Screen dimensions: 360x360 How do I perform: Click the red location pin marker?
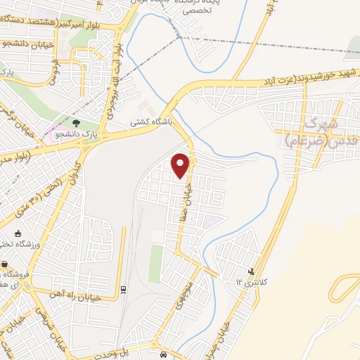(x=181, y=165)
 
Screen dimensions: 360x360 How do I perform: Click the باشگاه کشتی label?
(x=151, y=122)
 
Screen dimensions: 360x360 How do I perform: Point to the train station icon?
(x=123, y=288)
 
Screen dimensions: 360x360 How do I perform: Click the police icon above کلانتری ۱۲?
(x=251, y=271)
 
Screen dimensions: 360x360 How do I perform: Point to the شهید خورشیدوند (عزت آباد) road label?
(x=307, y=79)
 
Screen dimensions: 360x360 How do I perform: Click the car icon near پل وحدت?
(x=163, y=354)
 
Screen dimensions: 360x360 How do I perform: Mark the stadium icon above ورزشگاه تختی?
(x=18, y=234)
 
